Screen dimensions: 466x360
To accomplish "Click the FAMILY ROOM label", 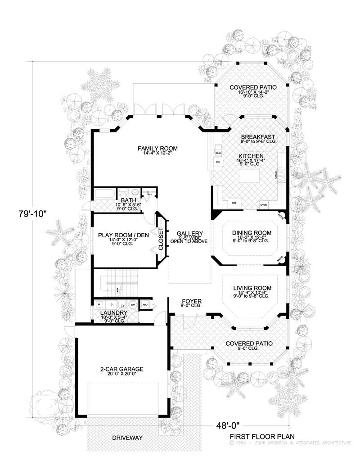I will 157,148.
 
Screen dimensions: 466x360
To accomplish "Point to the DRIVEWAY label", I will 127,438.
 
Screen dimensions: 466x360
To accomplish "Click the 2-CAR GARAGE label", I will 121,368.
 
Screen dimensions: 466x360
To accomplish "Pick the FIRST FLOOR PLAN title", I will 262,436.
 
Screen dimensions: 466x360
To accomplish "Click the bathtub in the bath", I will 104,195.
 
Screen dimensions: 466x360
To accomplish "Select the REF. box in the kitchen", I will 234,203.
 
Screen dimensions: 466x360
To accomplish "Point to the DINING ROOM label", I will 250,233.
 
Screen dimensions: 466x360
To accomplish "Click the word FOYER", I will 191,301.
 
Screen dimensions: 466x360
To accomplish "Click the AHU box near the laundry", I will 145,305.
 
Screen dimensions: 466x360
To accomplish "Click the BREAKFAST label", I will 258,137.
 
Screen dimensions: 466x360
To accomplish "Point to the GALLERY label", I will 189,233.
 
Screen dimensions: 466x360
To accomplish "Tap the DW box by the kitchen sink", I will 218,162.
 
